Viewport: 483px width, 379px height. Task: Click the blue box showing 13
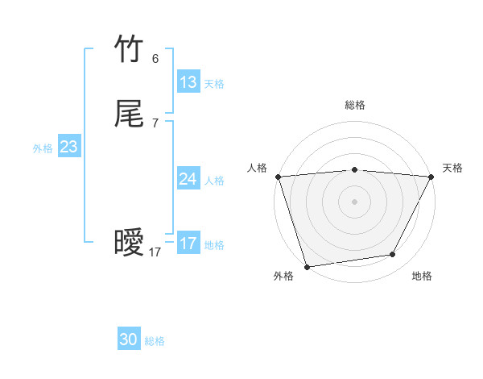coord(188,82)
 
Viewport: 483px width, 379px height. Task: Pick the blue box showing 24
coord(188,179)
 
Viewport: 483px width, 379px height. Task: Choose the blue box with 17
coord(188,244)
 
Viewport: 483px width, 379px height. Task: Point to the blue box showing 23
coord(69,147)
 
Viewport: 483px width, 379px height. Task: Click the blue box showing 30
coord(129,340)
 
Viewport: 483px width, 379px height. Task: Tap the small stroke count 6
coord(155,59)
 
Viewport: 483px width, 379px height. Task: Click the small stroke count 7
coord(155,123)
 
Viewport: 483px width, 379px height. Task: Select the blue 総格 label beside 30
coord(155,342)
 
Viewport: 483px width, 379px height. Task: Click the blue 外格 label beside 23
coord(43,148)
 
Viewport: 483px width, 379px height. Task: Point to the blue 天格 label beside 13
coord(214,84)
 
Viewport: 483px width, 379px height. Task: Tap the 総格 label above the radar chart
coord(355,105)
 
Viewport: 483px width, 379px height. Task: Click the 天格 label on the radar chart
coord(452,168)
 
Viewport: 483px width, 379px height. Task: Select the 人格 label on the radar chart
coord(257,168)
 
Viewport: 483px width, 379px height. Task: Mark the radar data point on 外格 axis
coord(307,266)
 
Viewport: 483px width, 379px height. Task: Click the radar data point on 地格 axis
coord(393,255)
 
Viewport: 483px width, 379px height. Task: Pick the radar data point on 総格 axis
coord(355,169)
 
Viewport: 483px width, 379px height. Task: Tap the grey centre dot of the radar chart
coord(355,201)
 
